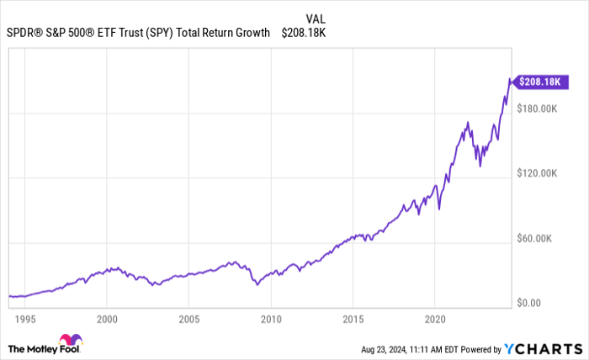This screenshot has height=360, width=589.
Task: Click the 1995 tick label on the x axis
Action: click(25, 320)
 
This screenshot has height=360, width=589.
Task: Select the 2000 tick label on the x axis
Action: click(106, 320)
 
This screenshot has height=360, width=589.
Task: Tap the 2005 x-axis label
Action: click(188, 320)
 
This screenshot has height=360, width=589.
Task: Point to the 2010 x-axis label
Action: click(270, 320)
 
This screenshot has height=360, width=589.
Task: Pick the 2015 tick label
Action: click(353, 320)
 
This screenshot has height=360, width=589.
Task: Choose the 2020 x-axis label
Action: click(434, 320)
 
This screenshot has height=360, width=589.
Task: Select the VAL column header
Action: click(317, 18)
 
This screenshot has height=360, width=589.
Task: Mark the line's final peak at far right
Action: click(509, 79)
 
